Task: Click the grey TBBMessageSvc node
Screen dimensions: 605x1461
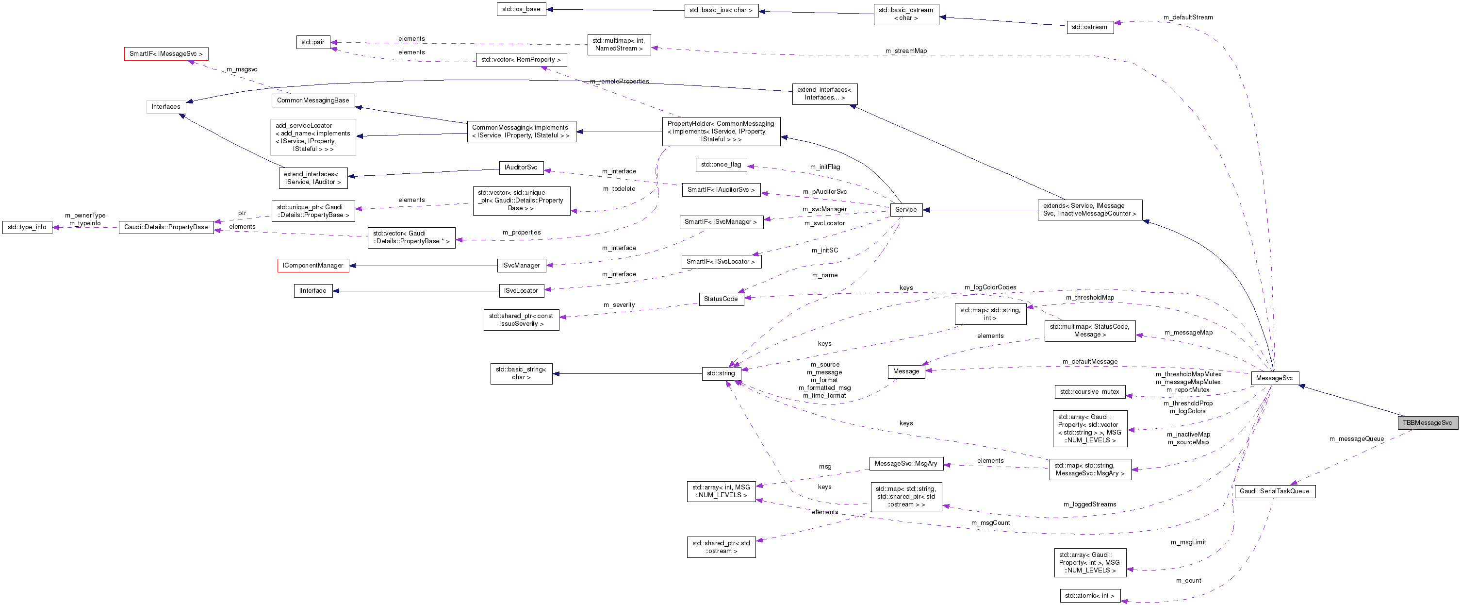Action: coord(1427,423)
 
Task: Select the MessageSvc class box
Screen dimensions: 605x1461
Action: coord(1274,378)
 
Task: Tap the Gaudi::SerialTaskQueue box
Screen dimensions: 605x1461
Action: coord(1274,491)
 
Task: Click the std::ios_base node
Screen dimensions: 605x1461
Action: coord(521,9)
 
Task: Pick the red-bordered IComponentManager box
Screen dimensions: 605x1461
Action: coord(312,266)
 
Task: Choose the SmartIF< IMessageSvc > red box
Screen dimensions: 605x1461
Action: coord(165,54)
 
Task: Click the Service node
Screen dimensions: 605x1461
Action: coord(905,209)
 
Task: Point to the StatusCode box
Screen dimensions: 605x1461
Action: coord(720,299)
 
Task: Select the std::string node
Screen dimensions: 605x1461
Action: coord(720,373)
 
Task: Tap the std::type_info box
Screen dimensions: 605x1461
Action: coord(27,227)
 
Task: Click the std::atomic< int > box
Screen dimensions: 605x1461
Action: coord(1089,596)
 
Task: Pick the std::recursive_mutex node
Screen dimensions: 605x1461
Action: coord(1089,392)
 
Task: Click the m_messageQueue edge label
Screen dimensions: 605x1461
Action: coord(1356,439)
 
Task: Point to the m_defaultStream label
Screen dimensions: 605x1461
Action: coord(1188,17)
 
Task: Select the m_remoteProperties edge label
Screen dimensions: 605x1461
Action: coord(619,82)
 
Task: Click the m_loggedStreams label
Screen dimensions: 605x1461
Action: coord(1089,504)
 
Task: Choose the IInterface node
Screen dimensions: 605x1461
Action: coord(312,290)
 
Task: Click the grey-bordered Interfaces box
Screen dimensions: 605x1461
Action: coord(165,107)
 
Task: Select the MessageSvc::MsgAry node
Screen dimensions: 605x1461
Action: coord(905,464)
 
